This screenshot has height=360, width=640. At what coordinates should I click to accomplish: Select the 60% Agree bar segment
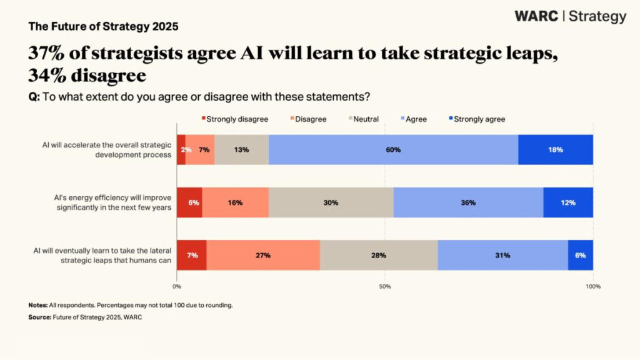pyautogui.click(x=393, y=150)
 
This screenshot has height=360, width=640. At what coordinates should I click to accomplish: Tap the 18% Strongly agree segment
pyautogui.click(x=556, y=150)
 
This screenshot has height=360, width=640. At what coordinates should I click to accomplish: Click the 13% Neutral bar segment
pyautogui.click(x=242, y=150)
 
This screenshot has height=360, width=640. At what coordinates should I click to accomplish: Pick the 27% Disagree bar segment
pyautogui.click(x=263, y=255)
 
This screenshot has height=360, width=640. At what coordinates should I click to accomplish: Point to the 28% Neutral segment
pyautogui.click(x=379, y=255)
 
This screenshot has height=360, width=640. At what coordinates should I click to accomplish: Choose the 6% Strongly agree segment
pyautogui.click(x=581, y=255)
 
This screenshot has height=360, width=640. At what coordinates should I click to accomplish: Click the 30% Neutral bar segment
pyautogui.click(x=331, y=202)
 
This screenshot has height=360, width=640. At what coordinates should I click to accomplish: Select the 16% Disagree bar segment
pyautogui.click(x=235, y=202)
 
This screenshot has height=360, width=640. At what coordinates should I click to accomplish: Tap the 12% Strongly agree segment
pyautogui.click(x=568, y=202)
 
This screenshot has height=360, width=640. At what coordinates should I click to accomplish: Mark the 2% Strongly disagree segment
pyautogui.click(x=181, y=150)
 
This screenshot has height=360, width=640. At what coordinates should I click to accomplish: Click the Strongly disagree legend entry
pyautogui.click(x=235, y=119)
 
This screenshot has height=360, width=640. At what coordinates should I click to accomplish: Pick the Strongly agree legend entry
pyautogui.click(x=477, y=119)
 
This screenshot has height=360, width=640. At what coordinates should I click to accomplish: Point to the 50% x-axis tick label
pyautogui.click(x=385, y=286)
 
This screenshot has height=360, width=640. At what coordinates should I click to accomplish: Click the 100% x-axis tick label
pyautogui.click(x=593, y=286)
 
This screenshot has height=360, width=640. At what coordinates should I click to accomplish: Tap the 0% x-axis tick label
pyautogui.click(x=177, y=286)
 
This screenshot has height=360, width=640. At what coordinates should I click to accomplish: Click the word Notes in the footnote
pyautogui.click(x=37, y=305)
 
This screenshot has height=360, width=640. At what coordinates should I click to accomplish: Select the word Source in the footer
pyautogui.click(x=39, y=317)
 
